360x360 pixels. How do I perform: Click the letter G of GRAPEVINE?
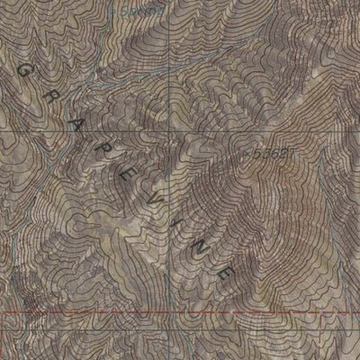click(x=22, y=68)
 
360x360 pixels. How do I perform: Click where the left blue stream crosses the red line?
click(x=27, y=313)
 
